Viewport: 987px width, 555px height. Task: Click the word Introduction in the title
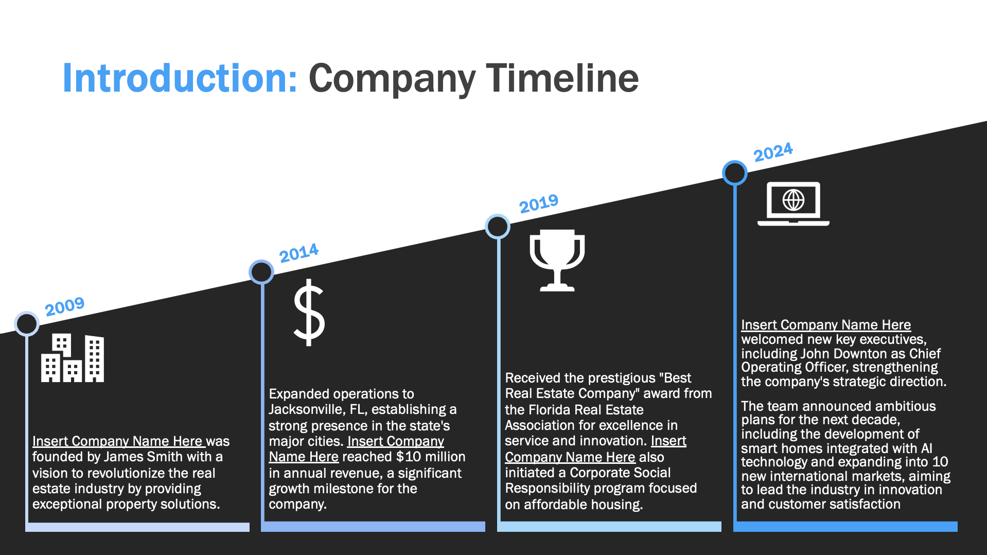pos(180,78)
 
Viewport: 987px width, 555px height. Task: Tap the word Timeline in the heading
pos(562,78)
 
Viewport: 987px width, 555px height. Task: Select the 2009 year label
pos(64,306)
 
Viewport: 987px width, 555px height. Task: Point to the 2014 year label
pos(299,253)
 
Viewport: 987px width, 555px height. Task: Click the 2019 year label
pos(539,204)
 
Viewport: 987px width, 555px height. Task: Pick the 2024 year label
pos(773,152)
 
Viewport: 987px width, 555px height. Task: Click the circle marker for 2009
pos(27,324)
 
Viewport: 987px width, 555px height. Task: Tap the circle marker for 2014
pos(261,272)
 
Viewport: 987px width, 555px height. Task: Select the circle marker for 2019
pos(498,227)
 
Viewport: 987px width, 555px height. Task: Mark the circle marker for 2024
pos(735,173)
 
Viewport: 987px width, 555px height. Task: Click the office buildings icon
pos(73,358)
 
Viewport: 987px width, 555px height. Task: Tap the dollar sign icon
pos(309,313)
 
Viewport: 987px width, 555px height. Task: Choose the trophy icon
pos(557,261)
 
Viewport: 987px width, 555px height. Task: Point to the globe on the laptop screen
pos(794,200)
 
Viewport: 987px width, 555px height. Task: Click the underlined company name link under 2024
pos(826,325)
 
